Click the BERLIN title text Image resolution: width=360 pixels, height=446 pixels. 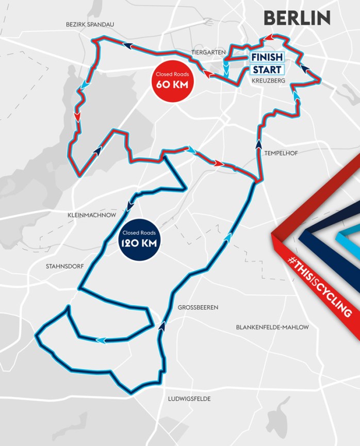tap(297, 18)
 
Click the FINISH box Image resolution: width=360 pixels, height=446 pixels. tap(267, 57)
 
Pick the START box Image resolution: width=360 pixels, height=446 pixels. tap(267, 70)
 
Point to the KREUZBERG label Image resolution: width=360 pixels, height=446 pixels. tap(268, 80)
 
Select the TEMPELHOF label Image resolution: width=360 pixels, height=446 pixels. tap(281, 153)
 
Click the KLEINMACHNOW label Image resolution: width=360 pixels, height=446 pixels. tap(91, 215)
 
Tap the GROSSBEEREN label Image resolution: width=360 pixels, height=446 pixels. tap(198, 307)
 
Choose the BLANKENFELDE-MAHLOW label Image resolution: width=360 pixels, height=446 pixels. tap(272, 327)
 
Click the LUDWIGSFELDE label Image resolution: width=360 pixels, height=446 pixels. tap(189, 399)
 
